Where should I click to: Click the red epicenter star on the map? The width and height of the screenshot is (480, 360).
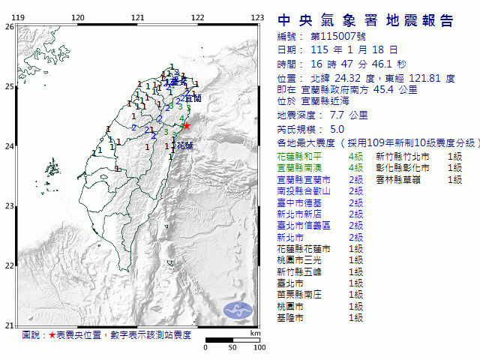[187, 126]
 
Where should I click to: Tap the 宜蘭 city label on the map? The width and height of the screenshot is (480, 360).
[193, 97]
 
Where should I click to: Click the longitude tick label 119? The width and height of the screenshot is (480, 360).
[20, 17]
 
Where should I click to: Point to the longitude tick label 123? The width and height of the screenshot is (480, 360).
[257, 17]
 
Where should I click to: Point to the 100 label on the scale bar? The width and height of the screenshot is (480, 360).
[259, 347]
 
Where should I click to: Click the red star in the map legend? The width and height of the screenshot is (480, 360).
[52, 334]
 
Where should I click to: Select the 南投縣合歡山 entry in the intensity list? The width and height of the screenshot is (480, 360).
[301, 191]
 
